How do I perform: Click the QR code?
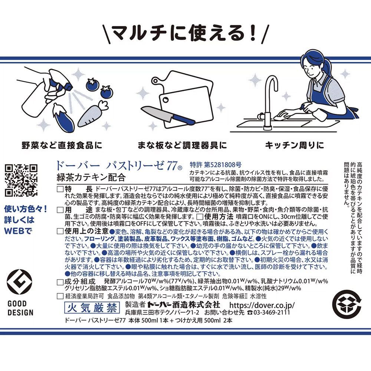click(21, 180)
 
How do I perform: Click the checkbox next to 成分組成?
click(60, 282)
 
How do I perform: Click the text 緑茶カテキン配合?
click(91, 176)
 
